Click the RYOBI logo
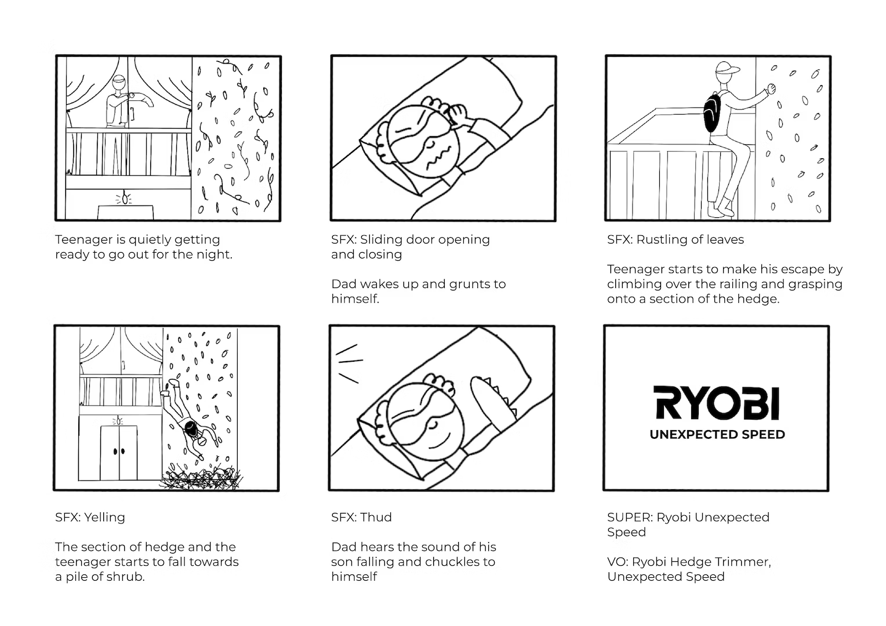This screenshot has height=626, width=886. tap(716, 403)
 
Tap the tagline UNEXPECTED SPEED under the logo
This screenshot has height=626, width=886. tap(717, 435)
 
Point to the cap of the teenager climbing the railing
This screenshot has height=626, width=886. tap(727, 68)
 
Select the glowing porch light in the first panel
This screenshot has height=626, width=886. tap(125, 197)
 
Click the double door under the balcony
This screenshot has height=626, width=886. tap(119, 453)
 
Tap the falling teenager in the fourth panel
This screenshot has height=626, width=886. tap(187, 420)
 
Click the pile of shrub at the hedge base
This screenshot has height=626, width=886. tap(201, 476)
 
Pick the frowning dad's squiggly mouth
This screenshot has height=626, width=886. tap(438, 158)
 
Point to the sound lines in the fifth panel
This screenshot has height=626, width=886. tap(349, 363)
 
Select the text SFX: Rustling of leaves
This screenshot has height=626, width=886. tap(676, 239)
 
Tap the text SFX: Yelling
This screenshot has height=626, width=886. tap(90, 517)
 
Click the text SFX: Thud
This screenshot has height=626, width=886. tap(361, 517)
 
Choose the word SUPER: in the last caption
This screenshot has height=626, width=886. tap(630, 517)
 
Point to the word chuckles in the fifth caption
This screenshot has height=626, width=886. tap(449, 562)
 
